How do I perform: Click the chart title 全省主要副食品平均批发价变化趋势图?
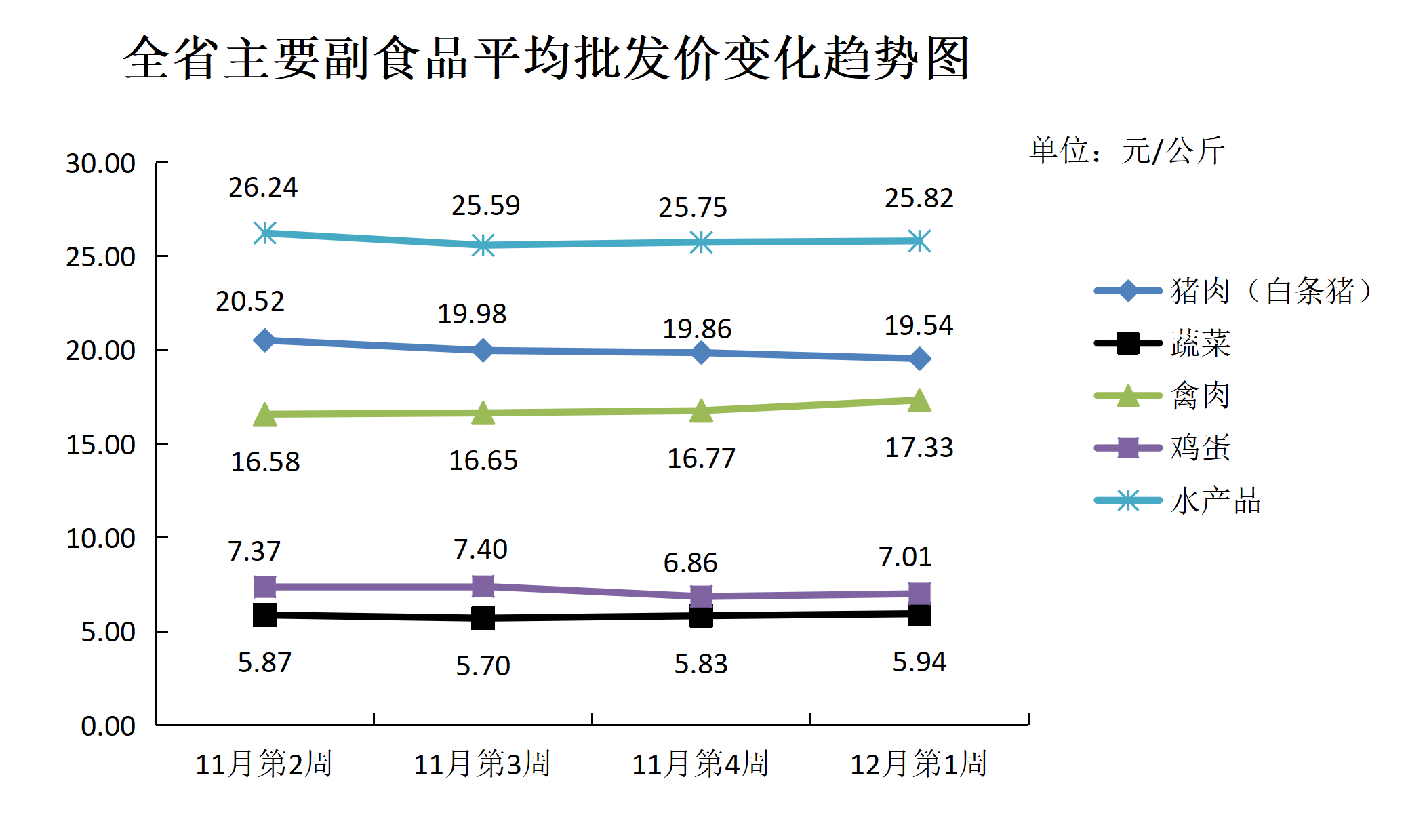point(546,58)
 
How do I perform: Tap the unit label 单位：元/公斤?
point(1127,151)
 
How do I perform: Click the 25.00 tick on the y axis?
point(100,257)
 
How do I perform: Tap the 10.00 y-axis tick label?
point(100,538)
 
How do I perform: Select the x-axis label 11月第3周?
point(482,764)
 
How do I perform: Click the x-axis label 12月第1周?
point(919,764)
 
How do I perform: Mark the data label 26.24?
point(263,188)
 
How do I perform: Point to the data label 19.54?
point(919,326)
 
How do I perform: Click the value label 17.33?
point(919,448)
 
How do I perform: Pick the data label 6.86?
point(690,563)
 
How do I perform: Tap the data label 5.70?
point(483,666)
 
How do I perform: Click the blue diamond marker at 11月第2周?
point(264,340)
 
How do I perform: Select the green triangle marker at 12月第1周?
point(919,400)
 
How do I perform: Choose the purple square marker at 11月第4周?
point(701,596)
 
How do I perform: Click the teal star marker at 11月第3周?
point(483,245)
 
